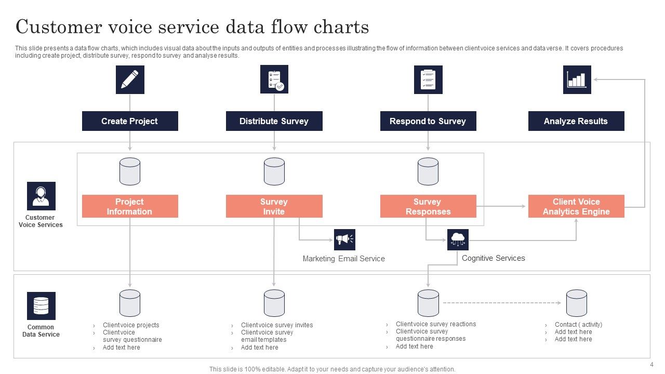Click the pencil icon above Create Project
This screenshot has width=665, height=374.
click(x=130, y=79)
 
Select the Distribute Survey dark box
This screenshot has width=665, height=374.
click(x=274, y=121)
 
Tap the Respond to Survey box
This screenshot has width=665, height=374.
click(x=428, y=121)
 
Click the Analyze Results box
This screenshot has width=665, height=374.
click(x=576, y=121)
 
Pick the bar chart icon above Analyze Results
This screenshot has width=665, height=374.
click(x=577, y=79)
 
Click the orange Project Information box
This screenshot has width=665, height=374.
click(x=130, y=206)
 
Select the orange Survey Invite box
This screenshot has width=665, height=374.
click(x=274, y=206)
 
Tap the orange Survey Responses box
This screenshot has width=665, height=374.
click(x=428, y=206)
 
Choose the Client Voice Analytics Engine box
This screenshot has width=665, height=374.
click(x=576, y=206)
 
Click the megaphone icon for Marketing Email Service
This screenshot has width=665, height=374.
click(x=344, y=239)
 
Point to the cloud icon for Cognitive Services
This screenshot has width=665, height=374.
click(x=458, y=239)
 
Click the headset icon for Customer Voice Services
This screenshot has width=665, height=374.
click(x=41, y=196)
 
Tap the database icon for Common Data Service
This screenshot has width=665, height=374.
click(x=41, y=305)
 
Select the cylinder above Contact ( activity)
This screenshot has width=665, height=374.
click(x=576, y=303)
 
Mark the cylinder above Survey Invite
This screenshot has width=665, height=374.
click(x=274, y=171)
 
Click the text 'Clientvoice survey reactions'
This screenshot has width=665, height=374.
click(x=435, y=324)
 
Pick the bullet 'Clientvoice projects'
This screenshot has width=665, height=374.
click(x=131, y=325)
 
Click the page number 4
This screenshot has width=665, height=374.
click(x=651, y=365)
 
